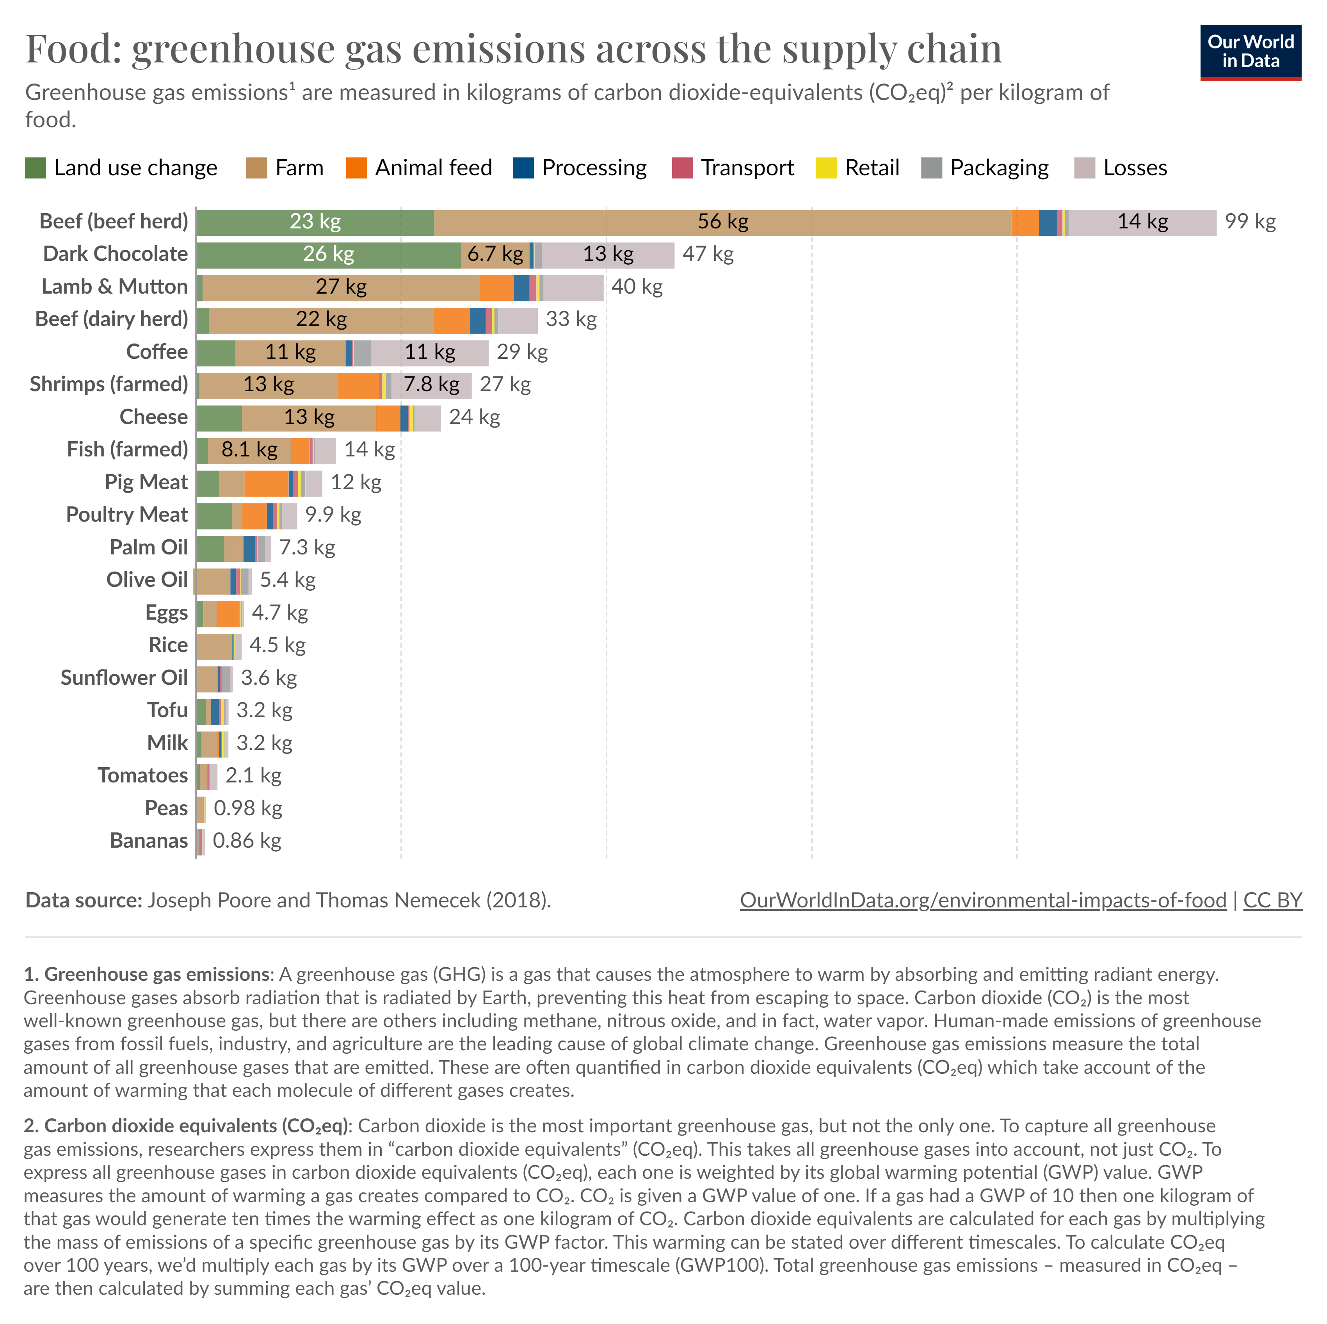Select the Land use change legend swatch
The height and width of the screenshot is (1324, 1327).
click(x=35, y=168)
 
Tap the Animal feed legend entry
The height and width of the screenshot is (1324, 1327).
click(x=419, y=168)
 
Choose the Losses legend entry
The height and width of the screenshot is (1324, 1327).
click(x=1120, y=168)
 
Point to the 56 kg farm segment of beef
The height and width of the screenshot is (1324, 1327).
click(x=722, y=222)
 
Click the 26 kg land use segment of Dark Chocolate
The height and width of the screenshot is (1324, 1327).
click(x=328, y=254)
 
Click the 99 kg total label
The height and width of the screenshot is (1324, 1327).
click(x=1250, y=222)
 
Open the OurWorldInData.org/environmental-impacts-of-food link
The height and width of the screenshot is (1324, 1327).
click(x=982, y=900)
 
